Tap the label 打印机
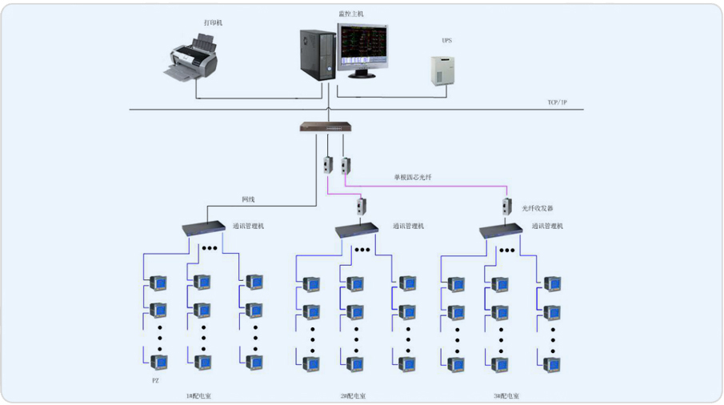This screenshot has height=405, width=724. (x=213, y=23)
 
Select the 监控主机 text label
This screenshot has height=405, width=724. (x=350, y=14)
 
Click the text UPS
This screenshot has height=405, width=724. (x=446, y=40)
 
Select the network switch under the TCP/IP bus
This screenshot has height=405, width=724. (x=326, y=126)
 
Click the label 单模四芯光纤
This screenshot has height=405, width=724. (x=412, y=177)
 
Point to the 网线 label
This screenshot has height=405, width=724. (x=248, y=199)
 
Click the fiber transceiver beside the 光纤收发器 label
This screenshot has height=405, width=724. (x=506, y=205)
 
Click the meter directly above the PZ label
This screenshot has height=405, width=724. (x=159, y=362)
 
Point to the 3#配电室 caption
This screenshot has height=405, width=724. (x=506, y=395)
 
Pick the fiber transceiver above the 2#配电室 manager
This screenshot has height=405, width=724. (x=361, y=206)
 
